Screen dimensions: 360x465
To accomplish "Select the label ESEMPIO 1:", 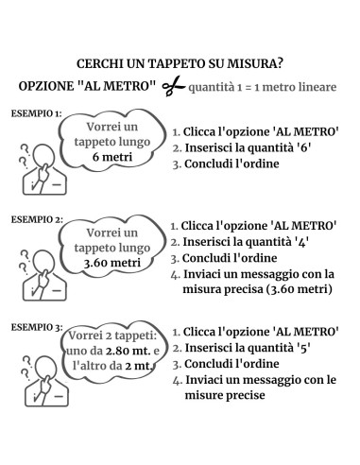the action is pyautogui.click(x=36, y=114).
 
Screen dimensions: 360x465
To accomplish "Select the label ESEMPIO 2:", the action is pyautogui.click(x=36, y=218).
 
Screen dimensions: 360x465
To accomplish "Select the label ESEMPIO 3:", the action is pyautogui.click(x=36, y=327).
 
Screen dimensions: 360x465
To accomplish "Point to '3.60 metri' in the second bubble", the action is pyautogui.click(x=111, y=263).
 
